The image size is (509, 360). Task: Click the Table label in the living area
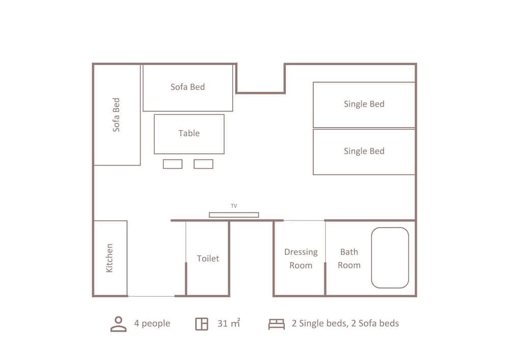tap(189, 133)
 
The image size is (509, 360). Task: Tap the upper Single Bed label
tap(364, 104)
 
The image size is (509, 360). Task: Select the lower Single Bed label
tap(364, 151)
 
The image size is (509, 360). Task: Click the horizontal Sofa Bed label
tap(188, 87)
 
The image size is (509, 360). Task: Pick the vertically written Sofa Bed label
tap(117, 115)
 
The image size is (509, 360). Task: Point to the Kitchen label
tap(109, 258)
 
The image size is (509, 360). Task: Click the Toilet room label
tap(208, 259)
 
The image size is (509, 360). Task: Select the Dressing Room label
tap(301, 259)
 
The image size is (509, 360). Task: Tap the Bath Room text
tap(349, 259)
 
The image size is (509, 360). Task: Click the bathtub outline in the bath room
tap(390, 258)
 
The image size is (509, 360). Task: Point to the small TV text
tap(234, 206)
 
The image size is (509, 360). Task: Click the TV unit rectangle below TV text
tap(234, 215)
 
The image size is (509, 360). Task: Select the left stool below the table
tap(173, 164)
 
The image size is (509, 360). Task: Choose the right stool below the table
tap(204, 164)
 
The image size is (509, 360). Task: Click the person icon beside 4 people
tap(118, 324)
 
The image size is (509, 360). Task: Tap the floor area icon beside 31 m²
tap(202, 324)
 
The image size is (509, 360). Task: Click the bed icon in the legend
tap(276, 324)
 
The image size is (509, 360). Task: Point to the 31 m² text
tap(229, 323)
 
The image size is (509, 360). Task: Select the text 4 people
tap(152, 324)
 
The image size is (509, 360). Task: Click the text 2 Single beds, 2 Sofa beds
tap(345, 324)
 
